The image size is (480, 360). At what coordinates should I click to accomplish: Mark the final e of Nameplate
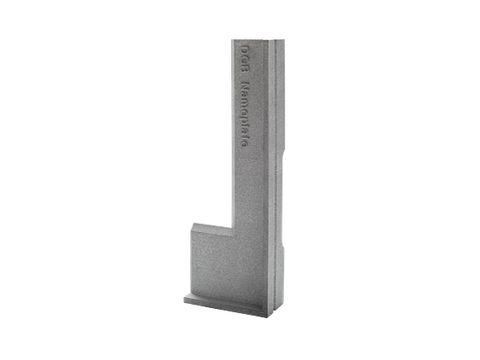(x=243, y=152)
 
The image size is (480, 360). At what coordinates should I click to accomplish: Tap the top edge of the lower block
(x=210, y=224)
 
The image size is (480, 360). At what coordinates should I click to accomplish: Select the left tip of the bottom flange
(x=182, y=297)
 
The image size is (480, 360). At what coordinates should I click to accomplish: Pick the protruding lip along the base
(x=222, y=302)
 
